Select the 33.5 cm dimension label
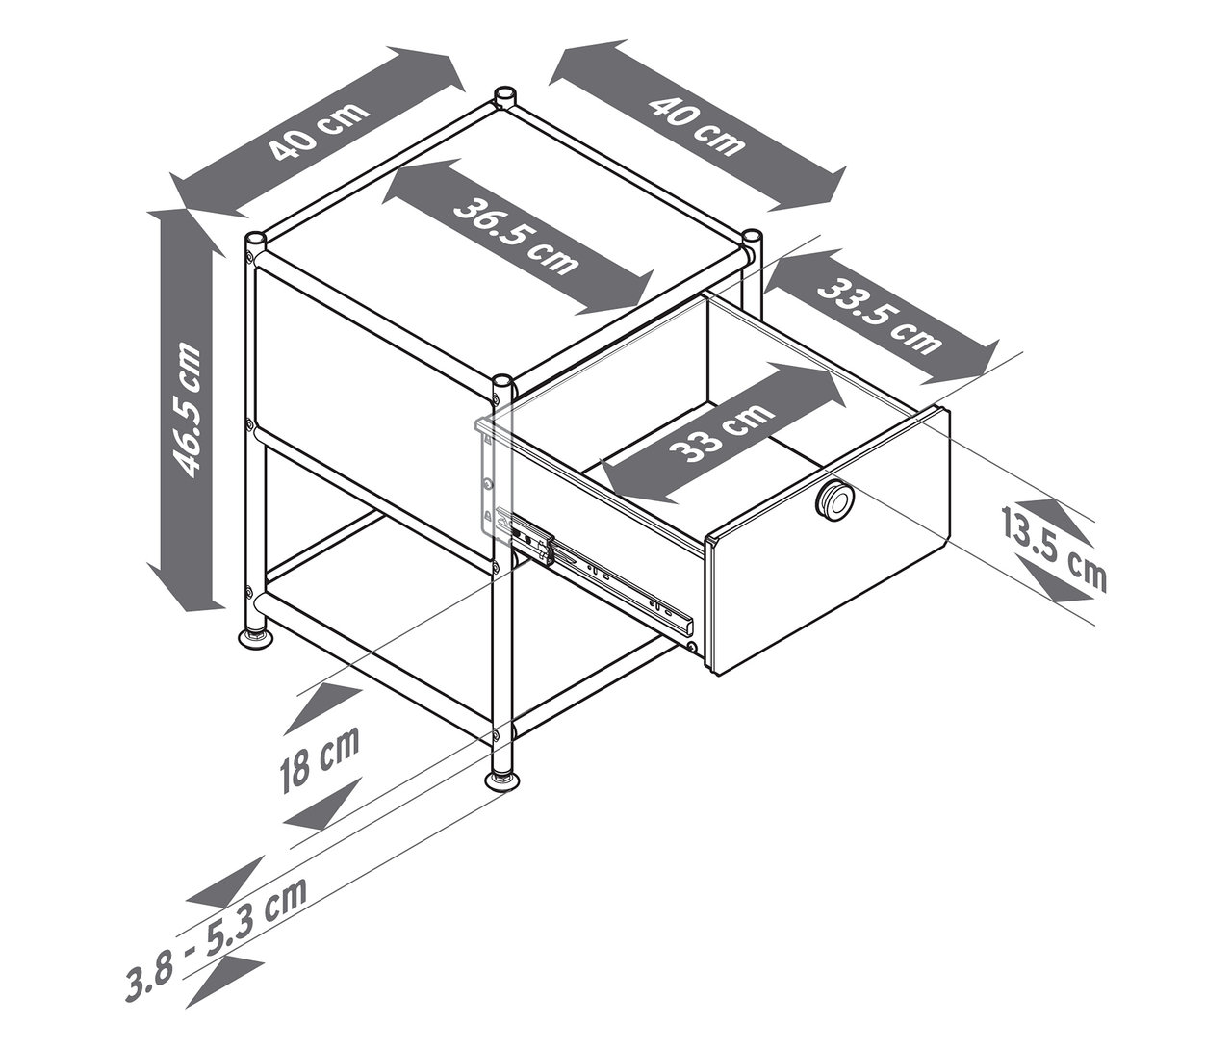tap(880, 317)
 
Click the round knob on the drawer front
tap(834, 498)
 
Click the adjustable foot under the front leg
tap(505, 781)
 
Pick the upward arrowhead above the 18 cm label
tap(322, 709)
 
